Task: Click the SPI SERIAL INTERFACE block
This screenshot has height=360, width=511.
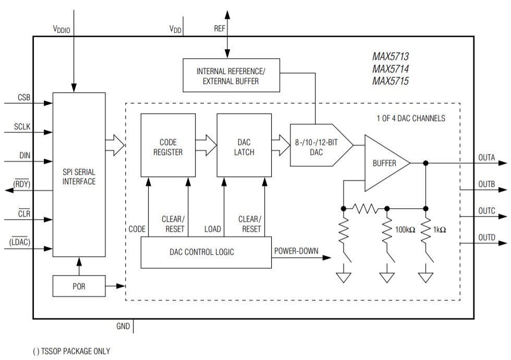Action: [79, 175]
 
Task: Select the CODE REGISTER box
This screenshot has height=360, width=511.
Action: [168, 147]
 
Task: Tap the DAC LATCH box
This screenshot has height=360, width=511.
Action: [244, 147]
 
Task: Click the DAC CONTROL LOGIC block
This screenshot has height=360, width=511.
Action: [206, 252]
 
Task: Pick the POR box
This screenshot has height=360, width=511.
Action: [79, 286]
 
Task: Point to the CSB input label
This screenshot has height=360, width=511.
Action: [23, 97]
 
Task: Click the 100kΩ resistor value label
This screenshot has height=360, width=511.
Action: [404, 230]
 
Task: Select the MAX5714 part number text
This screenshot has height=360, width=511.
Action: [390, 69]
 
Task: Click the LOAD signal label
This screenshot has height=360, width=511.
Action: [212, 229]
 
